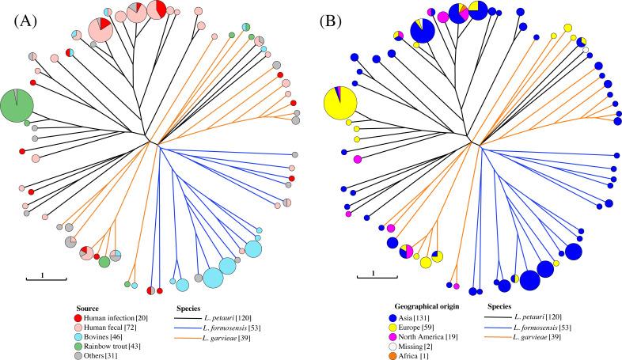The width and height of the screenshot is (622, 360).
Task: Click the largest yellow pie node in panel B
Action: click(x=341, y=104)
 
